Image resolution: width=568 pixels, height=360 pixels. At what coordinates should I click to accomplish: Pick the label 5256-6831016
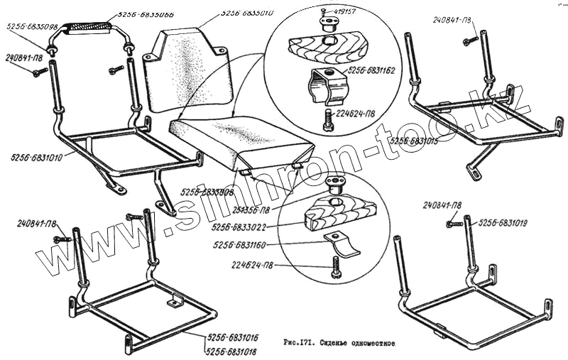(x=232, y=339)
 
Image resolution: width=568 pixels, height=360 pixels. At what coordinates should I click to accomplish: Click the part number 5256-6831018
(x=232, y=351)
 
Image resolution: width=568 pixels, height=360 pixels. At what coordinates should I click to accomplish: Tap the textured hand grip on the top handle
(x=88, y=28)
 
